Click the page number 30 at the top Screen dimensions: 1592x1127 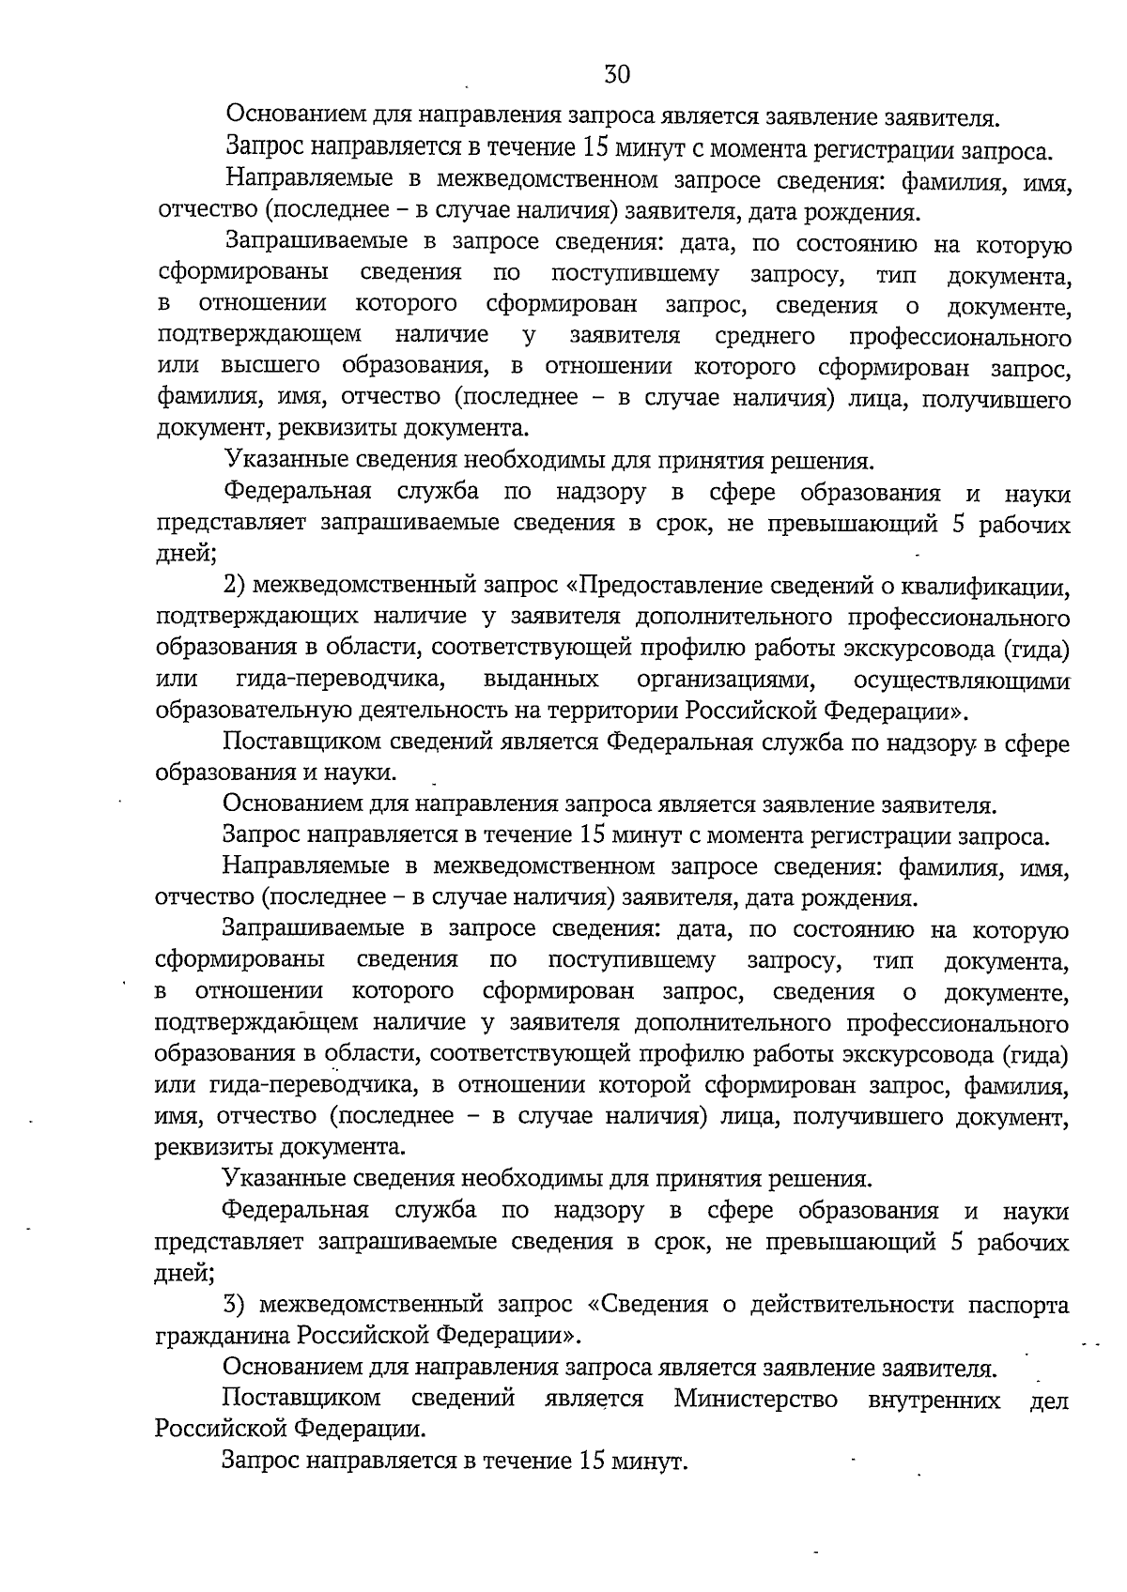(617, 74)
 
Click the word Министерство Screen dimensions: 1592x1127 (755, 1399)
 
